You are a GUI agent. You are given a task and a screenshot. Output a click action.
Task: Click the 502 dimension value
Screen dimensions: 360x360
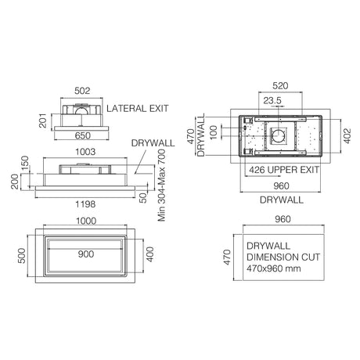pyautogui.click(x=82, y=91)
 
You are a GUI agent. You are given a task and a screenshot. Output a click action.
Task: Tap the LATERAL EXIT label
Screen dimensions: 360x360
pyautogui.click(x=138, y=109)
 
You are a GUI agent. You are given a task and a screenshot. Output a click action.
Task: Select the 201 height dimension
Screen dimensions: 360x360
pyautogui.click(x=43, y=121)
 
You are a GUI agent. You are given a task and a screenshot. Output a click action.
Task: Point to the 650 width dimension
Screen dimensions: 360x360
pyautogui.click(x=83, y=135)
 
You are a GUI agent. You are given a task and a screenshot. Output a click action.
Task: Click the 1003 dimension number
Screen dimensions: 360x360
pyautogui.click(x=85, y=152)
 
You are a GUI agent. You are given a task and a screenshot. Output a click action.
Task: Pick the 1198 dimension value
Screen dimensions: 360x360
pyautogui.click(x=85, y=204)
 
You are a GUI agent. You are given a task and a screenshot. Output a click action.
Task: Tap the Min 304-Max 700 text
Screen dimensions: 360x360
pyautogui.click(x=162, y=185)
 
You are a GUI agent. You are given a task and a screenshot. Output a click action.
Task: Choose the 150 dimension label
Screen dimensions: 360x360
pyautogui.click(x=25, y=163)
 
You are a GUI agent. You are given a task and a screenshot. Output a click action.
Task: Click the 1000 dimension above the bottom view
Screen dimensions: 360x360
pyautogui.click(x=86, y=221)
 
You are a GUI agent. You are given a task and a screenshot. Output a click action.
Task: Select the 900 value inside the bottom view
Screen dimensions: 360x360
pyautogui.click(x=86, y=254)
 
